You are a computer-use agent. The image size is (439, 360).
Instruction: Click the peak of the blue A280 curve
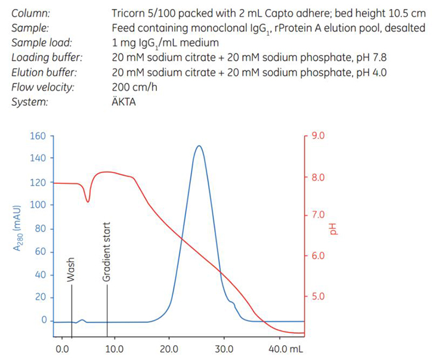[x=199, y=146]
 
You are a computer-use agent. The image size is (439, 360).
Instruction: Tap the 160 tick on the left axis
[x=38, y=136]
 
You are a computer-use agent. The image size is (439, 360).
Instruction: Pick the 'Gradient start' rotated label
[x=107, y=253]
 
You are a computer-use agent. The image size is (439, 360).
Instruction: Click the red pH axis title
[x=333, y=229]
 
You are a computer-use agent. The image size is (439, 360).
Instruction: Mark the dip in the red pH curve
[x=88, y=201]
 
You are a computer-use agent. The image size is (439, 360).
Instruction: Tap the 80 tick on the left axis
[x=40, y=229]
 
